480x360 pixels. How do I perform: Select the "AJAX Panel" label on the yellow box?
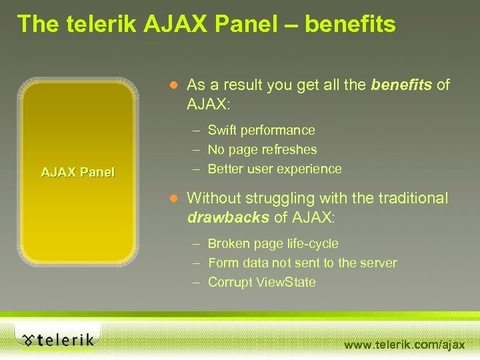pyautogui.click(x=78, y=172)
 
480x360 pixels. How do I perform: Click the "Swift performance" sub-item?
pyautogui.click(x=261, y=130)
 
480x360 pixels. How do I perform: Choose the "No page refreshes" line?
pyautogui.click(x=262, y=149)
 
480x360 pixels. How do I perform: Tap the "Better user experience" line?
pyautogui.click(x=275, y=169)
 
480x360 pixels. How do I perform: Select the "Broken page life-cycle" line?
pyautogui.click(x=273, y=244)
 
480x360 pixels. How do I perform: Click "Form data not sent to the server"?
pyautogui.click(x=302, y=263)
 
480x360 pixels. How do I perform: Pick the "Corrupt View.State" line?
pyautogui.click(x=261, y=283)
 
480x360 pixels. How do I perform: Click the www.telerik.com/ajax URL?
pyautogui.click(x=404, y=344)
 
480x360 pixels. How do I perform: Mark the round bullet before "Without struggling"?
pyautogui.click(x=173, y=199)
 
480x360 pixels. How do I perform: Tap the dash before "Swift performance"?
pyautogui.click(x=197, y=131)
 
